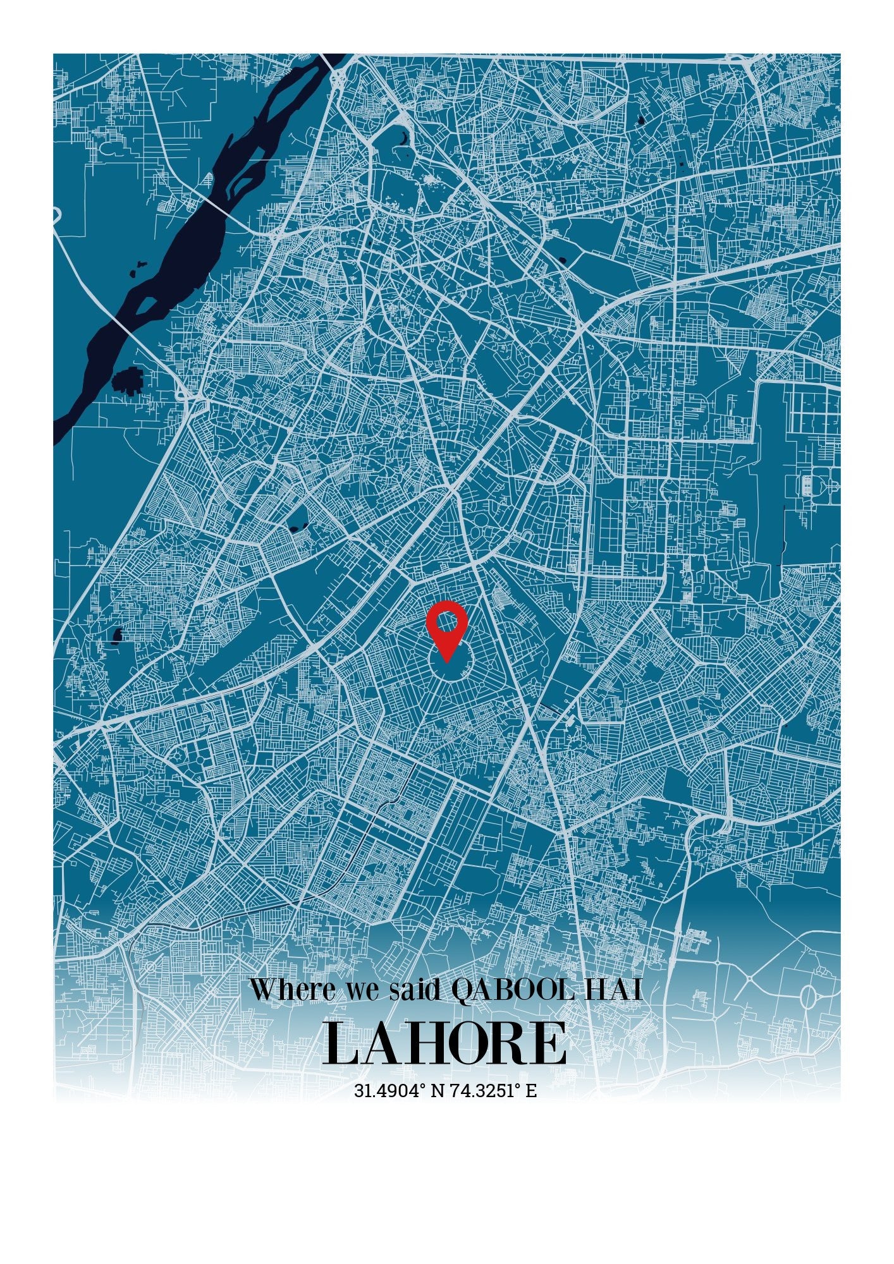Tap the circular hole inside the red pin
[446, 622]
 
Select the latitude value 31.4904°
[388, 1091]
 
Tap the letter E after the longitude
[531, 1091]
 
